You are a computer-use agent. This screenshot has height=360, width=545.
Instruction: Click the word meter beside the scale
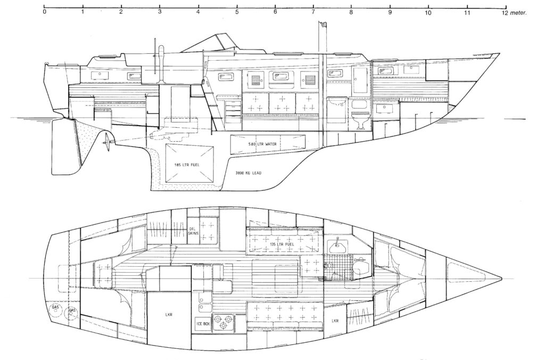click(x=519, y=13)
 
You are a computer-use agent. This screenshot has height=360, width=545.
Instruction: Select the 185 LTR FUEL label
click(x=187, y=165)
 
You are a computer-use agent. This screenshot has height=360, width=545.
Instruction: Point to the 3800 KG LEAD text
click(x=248, y=173)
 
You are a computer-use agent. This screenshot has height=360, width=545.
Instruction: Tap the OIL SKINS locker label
click(x=193, y=231)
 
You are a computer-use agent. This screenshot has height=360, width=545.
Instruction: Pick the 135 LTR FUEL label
click(x=282, y=244)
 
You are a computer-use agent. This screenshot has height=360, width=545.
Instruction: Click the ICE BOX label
click(x=203, y=324)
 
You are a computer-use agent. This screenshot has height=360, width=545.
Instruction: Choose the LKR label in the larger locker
click(x=169, y=314)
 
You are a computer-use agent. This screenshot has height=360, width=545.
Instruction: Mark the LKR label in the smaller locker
click(x=335, y=321)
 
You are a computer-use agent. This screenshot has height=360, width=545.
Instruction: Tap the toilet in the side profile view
click(x=360, y=120)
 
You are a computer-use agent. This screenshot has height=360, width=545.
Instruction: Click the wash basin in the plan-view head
click(x=336, y=247)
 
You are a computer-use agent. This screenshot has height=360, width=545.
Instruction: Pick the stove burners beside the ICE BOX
click(x=224, y=322)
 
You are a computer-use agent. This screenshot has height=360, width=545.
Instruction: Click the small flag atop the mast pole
click(x=324, y=23)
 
